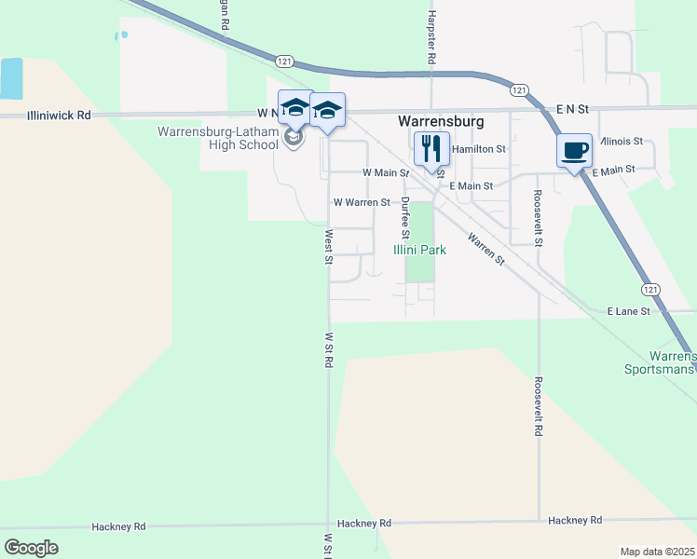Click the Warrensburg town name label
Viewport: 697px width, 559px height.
click(441, 121)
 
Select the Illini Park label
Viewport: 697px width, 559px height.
click(419, 250)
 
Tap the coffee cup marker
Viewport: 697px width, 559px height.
click(575, 151)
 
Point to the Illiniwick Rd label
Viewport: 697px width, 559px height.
click(59, 116)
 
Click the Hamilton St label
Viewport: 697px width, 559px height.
click(478, 149)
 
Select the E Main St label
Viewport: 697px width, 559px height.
click(471, 186)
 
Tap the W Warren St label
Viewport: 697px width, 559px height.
click(362, 202)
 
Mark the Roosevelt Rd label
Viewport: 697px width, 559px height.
click(539, 406)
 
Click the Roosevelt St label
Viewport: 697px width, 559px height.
click(539, 217)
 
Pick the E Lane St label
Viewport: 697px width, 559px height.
click(628, 310)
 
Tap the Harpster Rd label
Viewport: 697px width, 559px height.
click(431, 36)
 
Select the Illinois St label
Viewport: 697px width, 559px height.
click(622, 142)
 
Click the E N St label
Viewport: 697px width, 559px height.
click(573, 109)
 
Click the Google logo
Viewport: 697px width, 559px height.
click(31, 547)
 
